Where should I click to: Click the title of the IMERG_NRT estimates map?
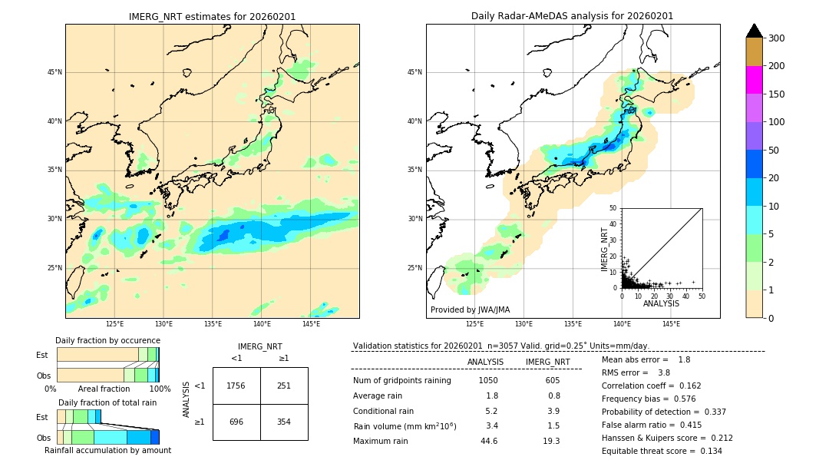[x=212, y=16]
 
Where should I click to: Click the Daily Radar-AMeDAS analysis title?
[x=572, y=16]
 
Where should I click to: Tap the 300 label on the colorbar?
[x=777, y=38]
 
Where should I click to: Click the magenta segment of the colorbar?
[x=754, y=80]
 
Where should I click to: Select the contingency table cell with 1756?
[x=236, y=386]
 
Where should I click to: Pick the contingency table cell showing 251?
[x=284, y=386]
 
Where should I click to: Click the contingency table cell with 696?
[x=236, y=422]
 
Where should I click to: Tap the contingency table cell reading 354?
[x=284, y=422]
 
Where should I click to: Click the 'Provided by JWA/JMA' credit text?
[x=470, y=309]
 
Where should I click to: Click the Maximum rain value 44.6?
[x=489, y=441]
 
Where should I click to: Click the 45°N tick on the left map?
[x=54, y=72]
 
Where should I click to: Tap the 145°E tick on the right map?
[x=671, y=324]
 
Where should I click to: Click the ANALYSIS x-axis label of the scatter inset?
[x=661, y=303]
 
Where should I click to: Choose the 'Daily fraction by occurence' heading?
[x=107, y=340]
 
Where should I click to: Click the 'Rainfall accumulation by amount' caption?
[x=107, y=450]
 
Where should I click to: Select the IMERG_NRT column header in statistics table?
[x=547, y=362]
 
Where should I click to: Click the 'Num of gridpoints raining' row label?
[x=401, y=380]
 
